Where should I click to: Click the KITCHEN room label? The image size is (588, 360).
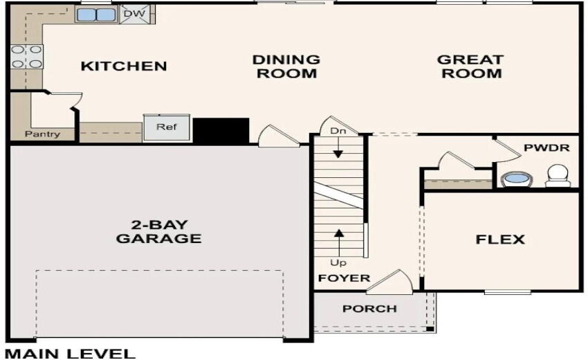click(124, 66)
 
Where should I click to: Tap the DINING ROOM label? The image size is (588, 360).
click(286, 66)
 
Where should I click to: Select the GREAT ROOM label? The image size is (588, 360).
click(470, 66)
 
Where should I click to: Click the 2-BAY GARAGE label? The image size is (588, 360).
click(158, 232)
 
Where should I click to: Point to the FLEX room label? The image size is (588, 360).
click(499, 240)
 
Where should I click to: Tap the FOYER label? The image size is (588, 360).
click(344, 278)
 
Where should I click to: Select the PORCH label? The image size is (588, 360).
click(370, 308)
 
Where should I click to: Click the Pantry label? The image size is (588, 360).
click(42, 134)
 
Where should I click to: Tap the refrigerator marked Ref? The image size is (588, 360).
click(165, 128)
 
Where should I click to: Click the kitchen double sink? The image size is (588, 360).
click(96, 15)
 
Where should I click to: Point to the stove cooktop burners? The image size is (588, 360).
click(26, 57)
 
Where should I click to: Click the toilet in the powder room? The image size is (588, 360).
click(558, 175)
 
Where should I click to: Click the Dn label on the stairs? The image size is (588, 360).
click(338, 131)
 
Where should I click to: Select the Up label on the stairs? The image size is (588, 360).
click(338, 263)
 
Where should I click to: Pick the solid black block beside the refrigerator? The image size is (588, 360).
click(221, 130)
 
